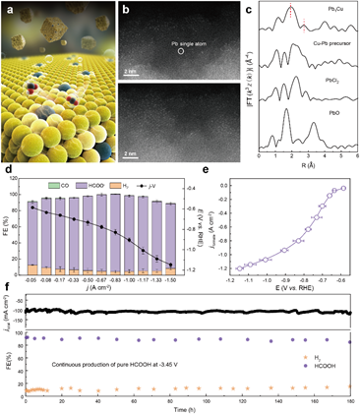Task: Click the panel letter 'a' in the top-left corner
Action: coord(8,8)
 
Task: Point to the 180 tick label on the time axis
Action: coord(349,399)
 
